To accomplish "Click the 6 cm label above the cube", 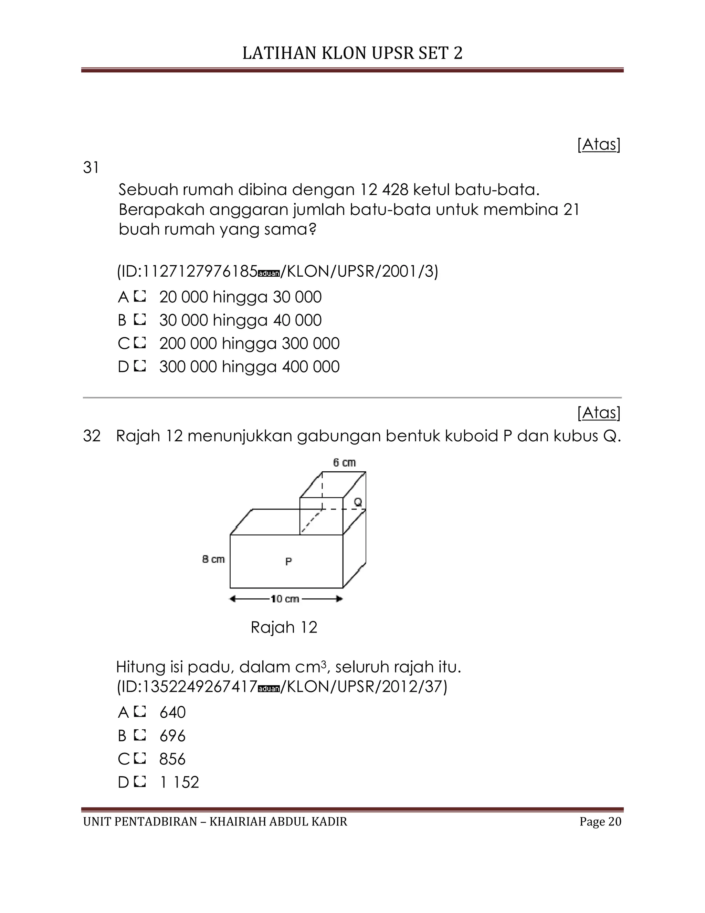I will pyautogui.click(x=344, y=462).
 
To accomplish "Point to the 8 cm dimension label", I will pyautogui.click(x=213, y=559).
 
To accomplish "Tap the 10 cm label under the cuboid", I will pyautogui.click(x=285, y=599).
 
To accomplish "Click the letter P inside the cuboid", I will pyautogui.click(x=288, y=562).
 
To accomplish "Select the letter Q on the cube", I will pyautogui.click(x=358, y=502).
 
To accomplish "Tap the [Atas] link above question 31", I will pyautogui.click(x=599, y=144).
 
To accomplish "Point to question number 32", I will pyautogui.click(x=92, y=436).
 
